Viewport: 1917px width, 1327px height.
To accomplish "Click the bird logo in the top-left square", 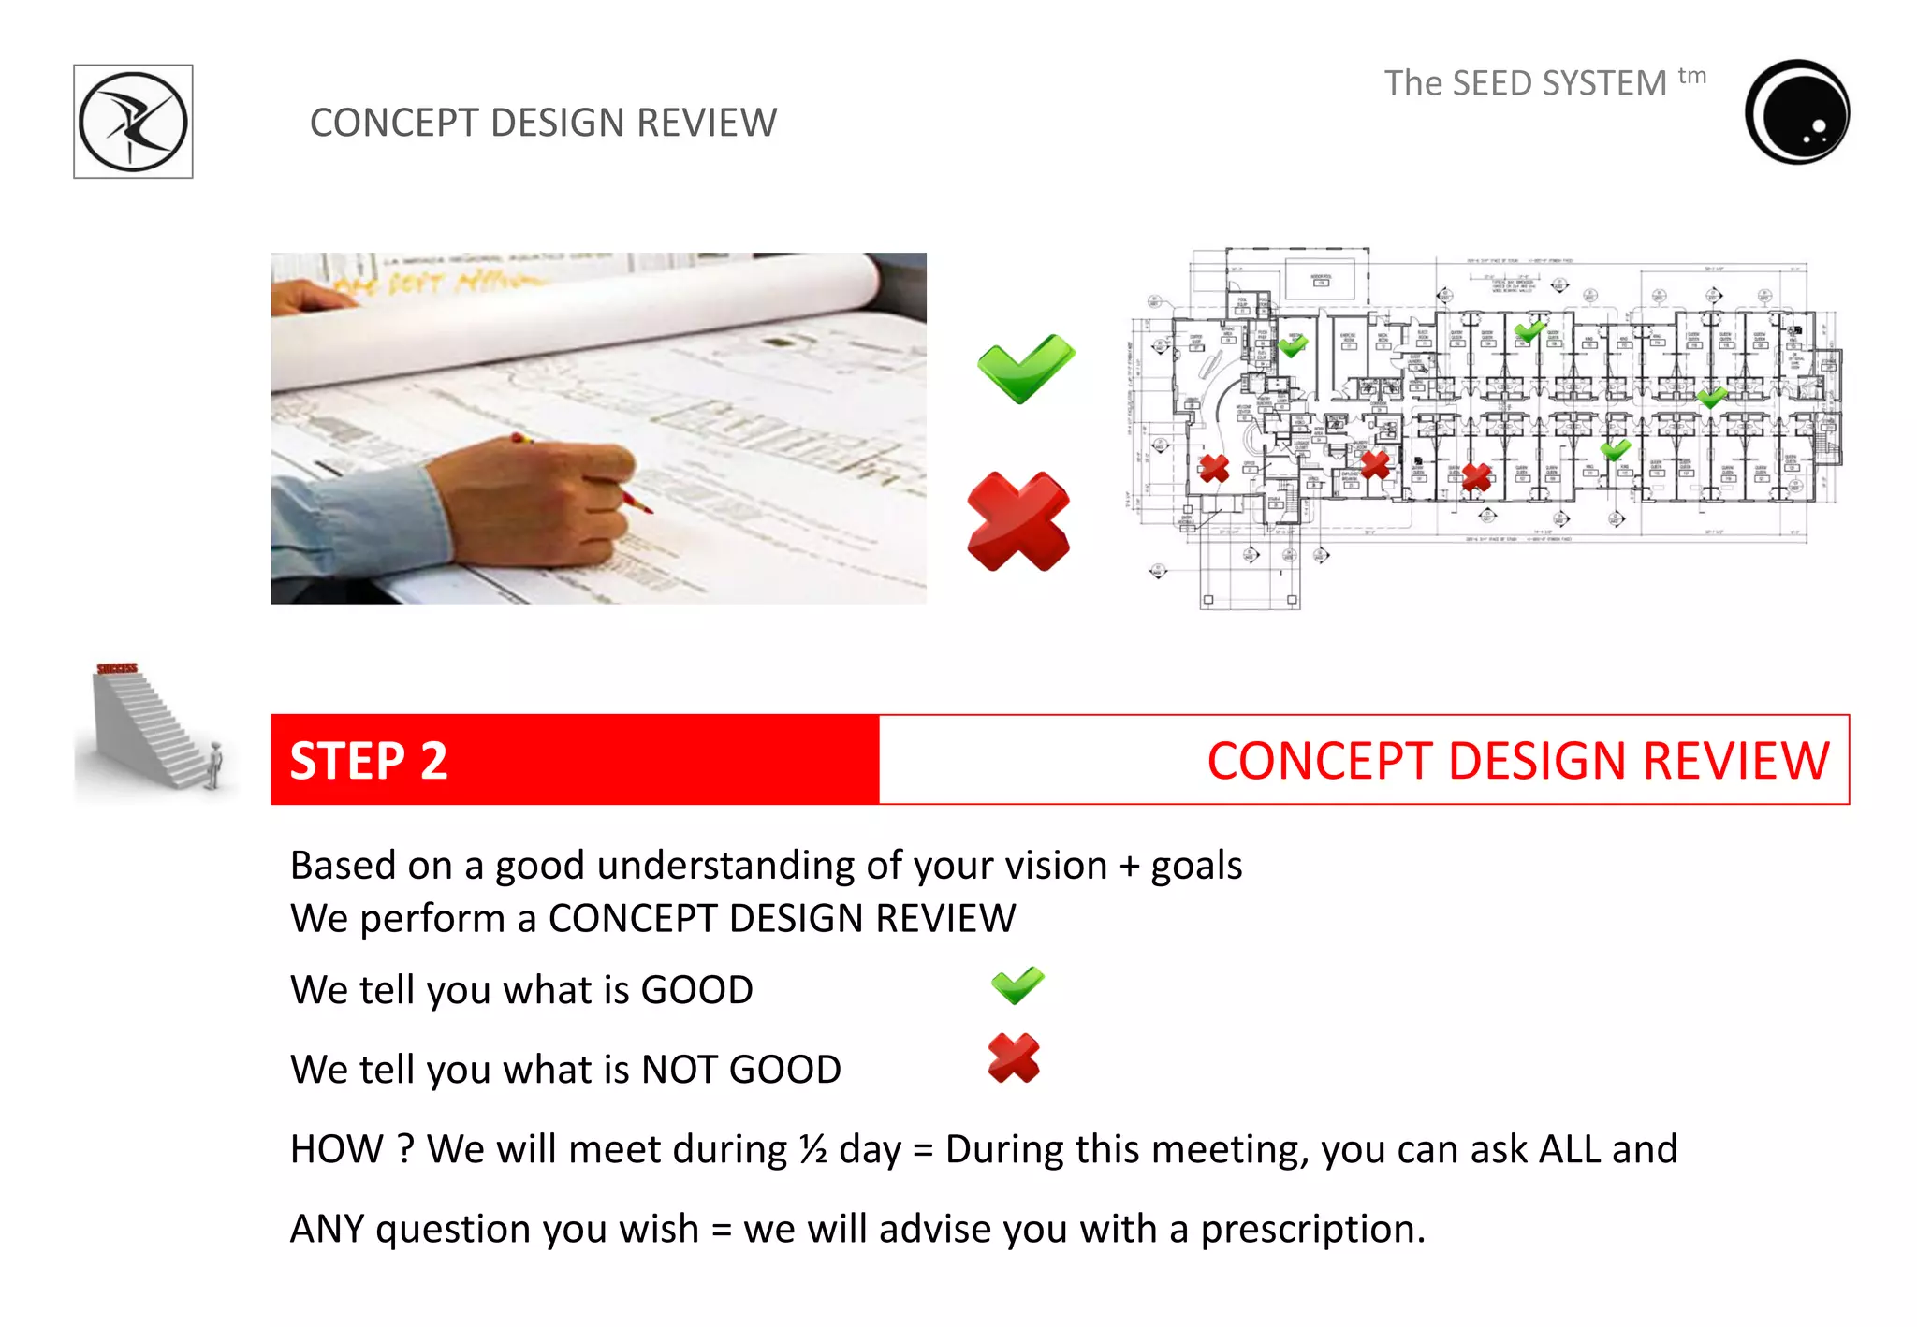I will pos(133,122).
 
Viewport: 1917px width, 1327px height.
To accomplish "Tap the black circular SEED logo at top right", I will pos(1797,112).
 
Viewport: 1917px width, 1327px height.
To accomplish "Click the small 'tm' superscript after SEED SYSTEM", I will pos(1691,75).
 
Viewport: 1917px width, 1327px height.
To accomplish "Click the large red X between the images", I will pos(1018,521).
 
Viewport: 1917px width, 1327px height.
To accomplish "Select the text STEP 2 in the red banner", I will pos(369,760).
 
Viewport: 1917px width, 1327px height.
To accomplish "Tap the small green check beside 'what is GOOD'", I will pos(1017,985).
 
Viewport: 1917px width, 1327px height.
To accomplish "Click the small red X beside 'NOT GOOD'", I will pos(1014,1058).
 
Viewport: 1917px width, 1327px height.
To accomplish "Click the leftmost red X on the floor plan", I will pos(1214,467).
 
